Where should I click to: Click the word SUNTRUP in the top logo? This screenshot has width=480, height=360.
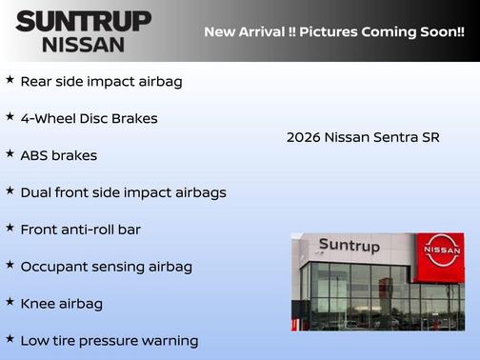pyautogui.click(x=83, y=20)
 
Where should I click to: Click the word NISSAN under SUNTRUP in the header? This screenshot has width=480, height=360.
pyautogui.click(x=83, y=44)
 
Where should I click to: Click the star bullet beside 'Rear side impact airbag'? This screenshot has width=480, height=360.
pyautogui.click(x=10, y=79)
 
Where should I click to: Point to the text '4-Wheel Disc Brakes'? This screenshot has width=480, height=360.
pyautogui.click(x=89, y=118)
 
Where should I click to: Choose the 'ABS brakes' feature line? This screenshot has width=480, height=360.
pyautogui.click(x=58, y=155)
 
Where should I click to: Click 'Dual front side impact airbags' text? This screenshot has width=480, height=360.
pyautogui.click(x=123, y=192)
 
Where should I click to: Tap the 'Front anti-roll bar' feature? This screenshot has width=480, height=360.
pyautogui.click(x=80, y=230)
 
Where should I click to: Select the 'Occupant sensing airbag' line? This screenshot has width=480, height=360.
pyautogui.click(x=106, y=267)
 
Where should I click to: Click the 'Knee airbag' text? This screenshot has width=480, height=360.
pyautogui.click(x=61, y=304)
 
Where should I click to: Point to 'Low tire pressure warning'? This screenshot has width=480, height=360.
pyautogui.click(x=109, y=341)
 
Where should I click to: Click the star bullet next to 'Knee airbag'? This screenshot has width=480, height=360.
pyautogui.click(x=10, y=302)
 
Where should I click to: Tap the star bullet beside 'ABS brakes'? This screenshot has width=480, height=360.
pyautogui.click(x=10, y=153)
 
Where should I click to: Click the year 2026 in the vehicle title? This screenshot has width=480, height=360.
pyautogui.click(x=303, y=137)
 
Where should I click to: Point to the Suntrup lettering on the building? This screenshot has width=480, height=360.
pyautogui.click(x=349, y=246)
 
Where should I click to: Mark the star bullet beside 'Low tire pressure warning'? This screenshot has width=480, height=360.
pyautogui.click(x=10, y=339)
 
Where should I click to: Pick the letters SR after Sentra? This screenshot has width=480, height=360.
pyautogui.click(x=430, y=137)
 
